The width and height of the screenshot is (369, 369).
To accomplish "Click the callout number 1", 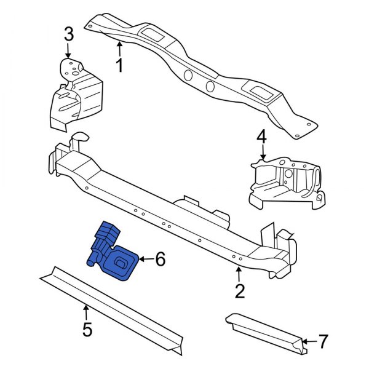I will tap(120, 65).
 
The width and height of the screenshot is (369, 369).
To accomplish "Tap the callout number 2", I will tap(240, 290).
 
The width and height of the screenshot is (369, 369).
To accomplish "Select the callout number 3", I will tap(69, 34).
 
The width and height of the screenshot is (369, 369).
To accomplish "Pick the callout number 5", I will tap(87, 330).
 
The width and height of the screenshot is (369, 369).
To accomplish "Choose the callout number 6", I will tap(160, 260).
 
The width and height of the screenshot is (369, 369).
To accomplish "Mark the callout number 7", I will tap(323, 340).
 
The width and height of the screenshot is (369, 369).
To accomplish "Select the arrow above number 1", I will tap(119, 48).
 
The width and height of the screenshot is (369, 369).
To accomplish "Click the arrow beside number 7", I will tap(309, 340).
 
